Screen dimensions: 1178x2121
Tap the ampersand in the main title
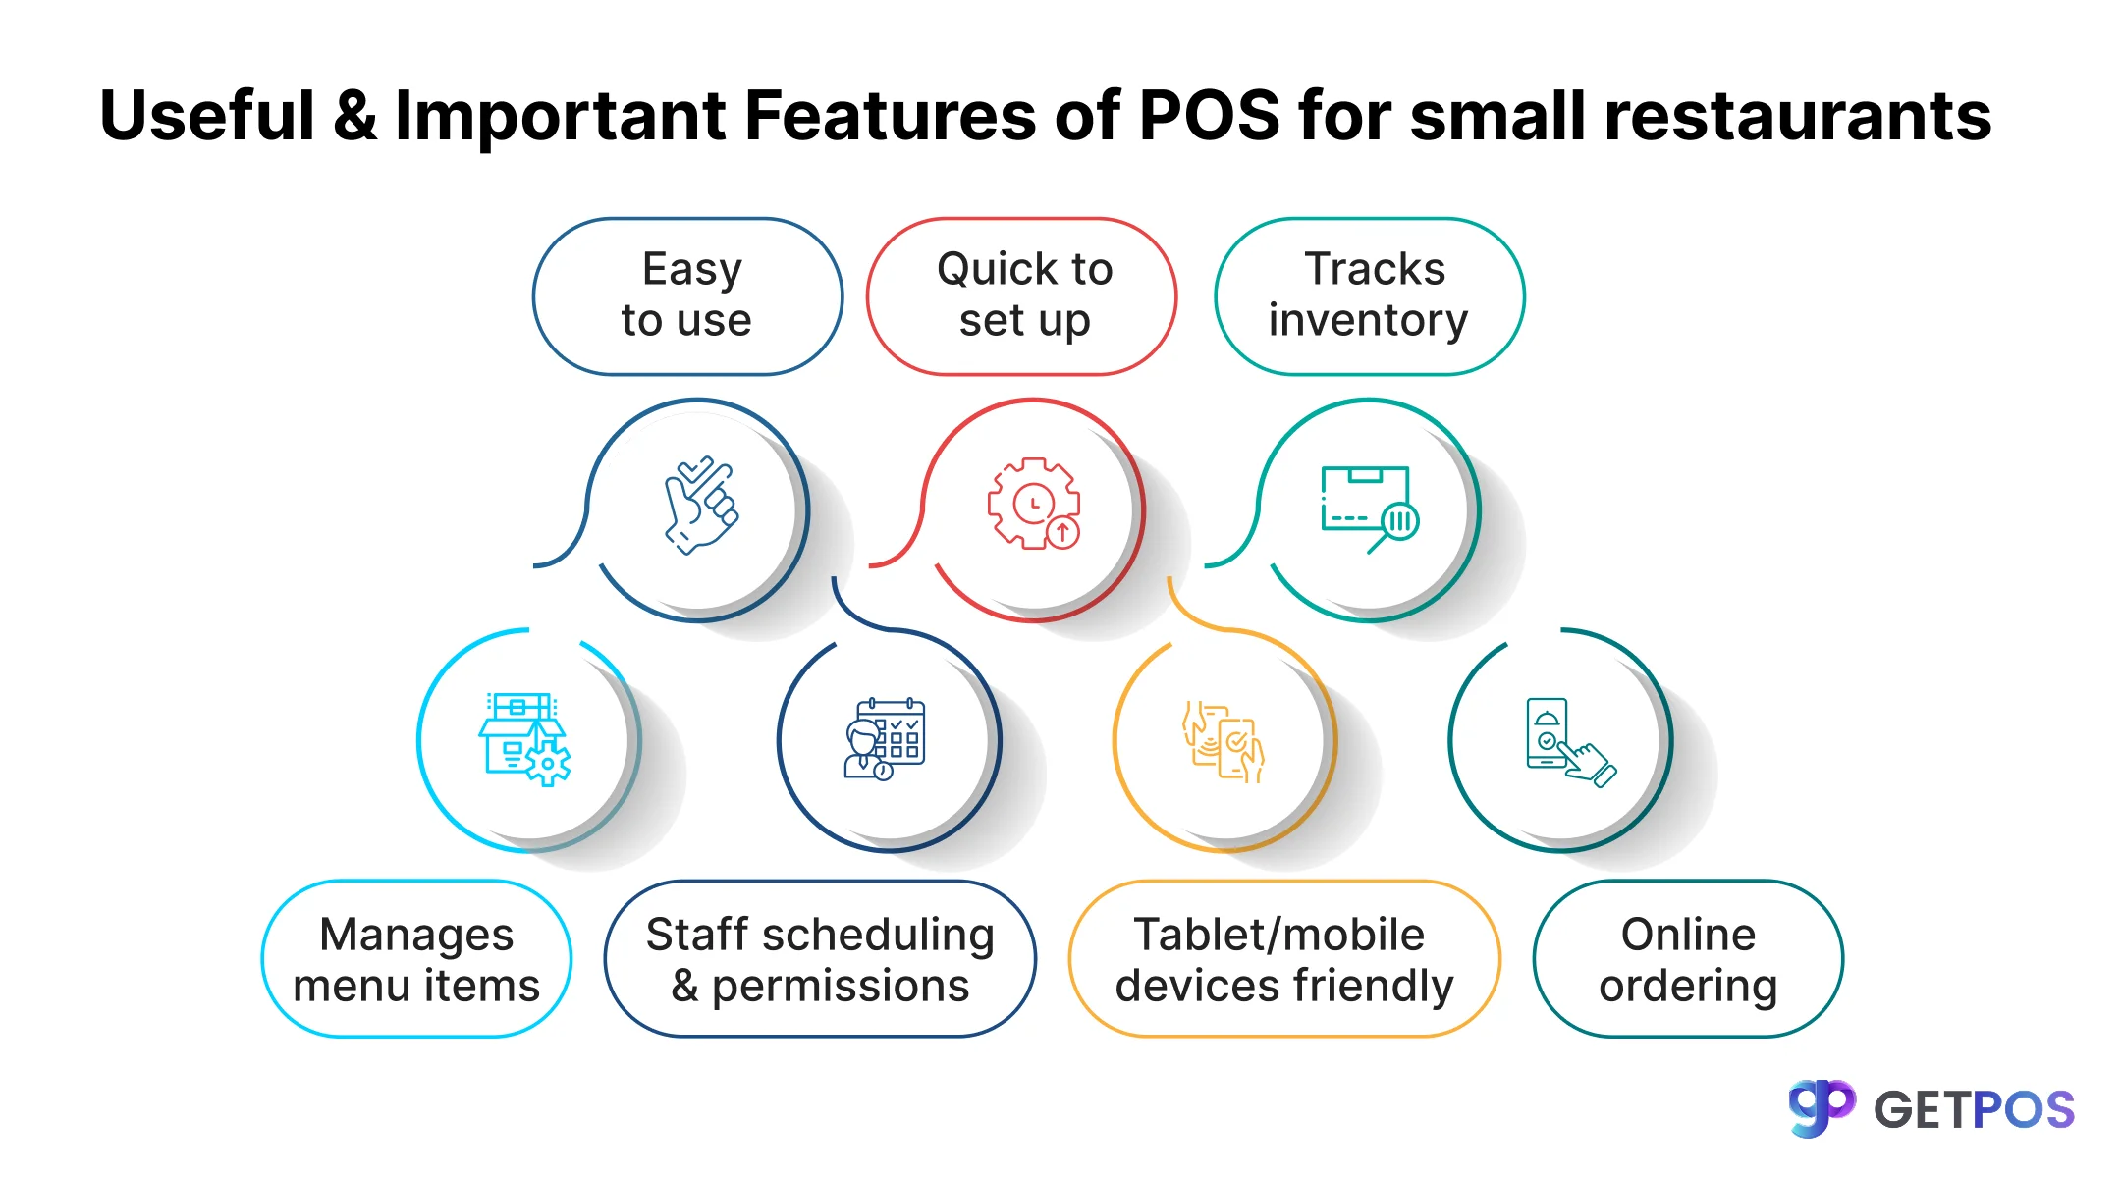(x=354, y=116)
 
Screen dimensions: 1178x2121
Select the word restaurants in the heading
(x=1798, y=116)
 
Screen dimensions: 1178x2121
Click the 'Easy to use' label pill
(x=687, y=295)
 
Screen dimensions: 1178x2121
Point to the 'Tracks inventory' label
(x=1369, y=295)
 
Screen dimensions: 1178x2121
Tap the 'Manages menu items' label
(x=416, y=959)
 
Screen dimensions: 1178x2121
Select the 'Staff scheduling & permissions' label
(x=820, y=959)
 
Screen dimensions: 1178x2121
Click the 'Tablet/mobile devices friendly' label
(x=1284, y=959)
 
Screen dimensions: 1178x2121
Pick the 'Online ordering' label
(x=1688, y=959)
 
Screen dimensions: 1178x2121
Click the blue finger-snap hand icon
(x=700, y=506)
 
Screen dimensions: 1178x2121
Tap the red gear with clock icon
(x=1034, y=504)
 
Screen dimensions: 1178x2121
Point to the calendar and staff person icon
(x=885, y=739)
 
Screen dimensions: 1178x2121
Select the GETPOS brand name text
(x=1974, y=1110)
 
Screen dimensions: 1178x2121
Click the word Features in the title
(x=890, y=116)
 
